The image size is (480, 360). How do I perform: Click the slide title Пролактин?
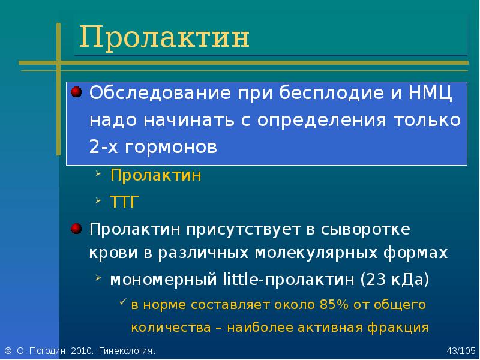point(164,37)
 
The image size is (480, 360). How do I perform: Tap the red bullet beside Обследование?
point(76,92)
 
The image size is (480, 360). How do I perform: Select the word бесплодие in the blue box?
point(331,92)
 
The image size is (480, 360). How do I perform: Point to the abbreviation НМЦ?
point(430,94)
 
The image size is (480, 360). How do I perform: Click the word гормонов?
point(171,147)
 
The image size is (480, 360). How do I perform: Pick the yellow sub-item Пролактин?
point(156,175)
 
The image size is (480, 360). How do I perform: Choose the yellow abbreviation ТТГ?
point(125,202)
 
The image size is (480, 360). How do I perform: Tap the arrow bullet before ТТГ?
point(98,200)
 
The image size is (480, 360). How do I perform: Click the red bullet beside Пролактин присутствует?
point(76,229)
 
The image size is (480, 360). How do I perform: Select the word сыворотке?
point(365,230)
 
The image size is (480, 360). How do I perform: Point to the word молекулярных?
point(317,253)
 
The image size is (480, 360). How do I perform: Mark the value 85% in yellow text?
point(334,305)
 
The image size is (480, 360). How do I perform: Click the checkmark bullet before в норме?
point(123,302)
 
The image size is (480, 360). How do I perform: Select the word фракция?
point(398,328)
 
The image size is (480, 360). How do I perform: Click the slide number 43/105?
point(461,351)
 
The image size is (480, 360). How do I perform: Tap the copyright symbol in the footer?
point(8,351)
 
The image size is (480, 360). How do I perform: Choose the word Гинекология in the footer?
point(127,351)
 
